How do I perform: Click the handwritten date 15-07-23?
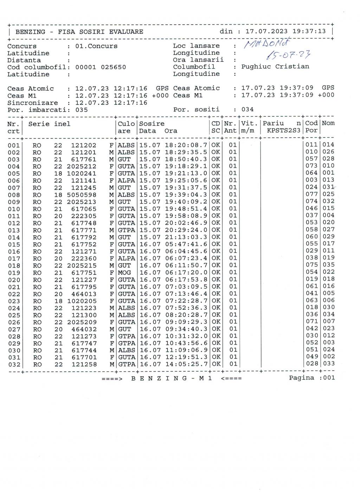[x=289, y=55]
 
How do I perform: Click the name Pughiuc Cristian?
[x=275, y=67]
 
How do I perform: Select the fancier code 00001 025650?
[x=101, y=67]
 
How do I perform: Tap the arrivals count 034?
[x=247, y=109]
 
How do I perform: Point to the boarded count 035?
[x=82, y=110]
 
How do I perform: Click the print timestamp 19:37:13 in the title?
[x=309, y=31]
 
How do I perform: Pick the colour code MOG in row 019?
[x=124, y=272]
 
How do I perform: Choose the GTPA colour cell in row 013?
[x=127, y=230]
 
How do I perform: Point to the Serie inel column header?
[x=49, y=124]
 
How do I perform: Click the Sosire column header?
[x=152, y=124]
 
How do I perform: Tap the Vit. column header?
[x=250, y=123]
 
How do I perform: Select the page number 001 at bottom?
[x=329, y=378]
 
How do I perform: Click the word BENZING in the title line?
[x=30, y=32]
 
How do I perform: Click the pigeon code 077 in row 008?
[x=311, y=194]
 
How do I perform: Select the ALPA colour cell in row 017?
[x=127, y=258]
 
